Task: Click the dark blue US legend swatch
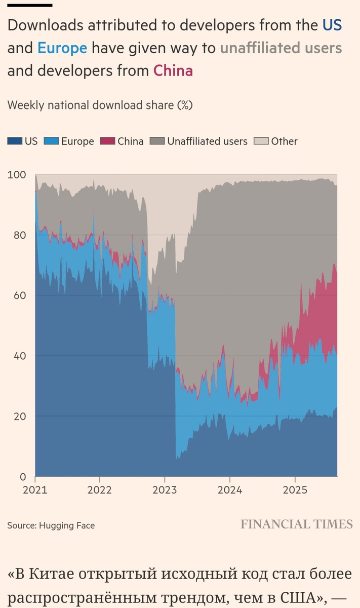[15, 141]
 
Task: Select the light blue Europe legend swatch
[52, 141]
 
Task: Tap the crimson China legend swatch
[108, 141]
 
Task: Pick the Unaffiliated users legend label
[207, 141]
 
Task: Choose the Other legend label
[284, 141]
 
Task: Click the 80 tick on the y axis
[18, 235]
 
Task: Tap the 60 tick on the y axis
[18, 295]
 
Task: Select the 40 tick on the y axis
[18, 356]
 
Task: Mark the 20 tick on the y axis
[18, 416]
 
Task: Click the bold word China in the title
[173, 70]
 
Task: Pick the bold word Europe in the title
[62, 48]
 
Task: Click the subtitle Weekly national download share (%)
[100, 105]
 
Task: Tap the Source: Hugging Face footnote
[51, 525]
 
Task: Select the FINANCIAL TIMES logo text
[296, 524]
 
